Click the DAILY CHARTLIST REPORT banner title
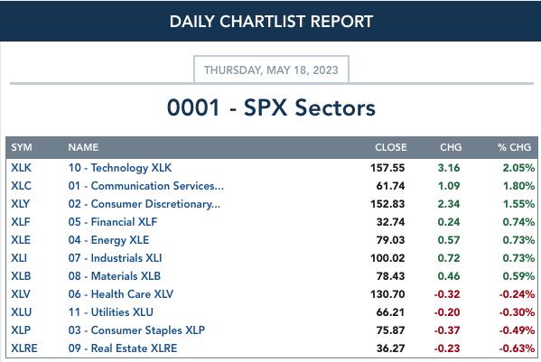point(271,22)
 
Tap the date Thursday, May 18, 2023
point(271,70)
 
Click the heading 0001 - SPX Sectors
point(271,107)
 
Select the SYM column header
point(22,147)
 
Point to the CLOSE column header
point(391,147)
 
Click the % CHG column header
point(515,147)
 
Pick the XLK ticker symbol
point(21,168)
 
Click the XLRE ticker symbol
point(24,348)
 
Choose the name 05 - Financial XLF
point(113,222)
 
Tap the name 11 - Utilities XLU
point(111,312)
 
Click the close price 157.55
point(387,168)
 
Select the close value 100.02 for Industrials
point(387,258)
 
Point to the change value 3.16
point(449,168)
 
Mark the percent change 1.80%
point(518,186)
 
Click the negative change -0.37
point(447,330)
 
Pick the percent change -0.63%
point(517,348)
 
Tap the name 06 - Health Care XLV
point(121,294)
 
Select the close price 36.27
point(390,348)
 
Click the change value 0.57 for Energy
point(449,240)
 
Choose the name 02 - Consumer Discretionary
point(145,204)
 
